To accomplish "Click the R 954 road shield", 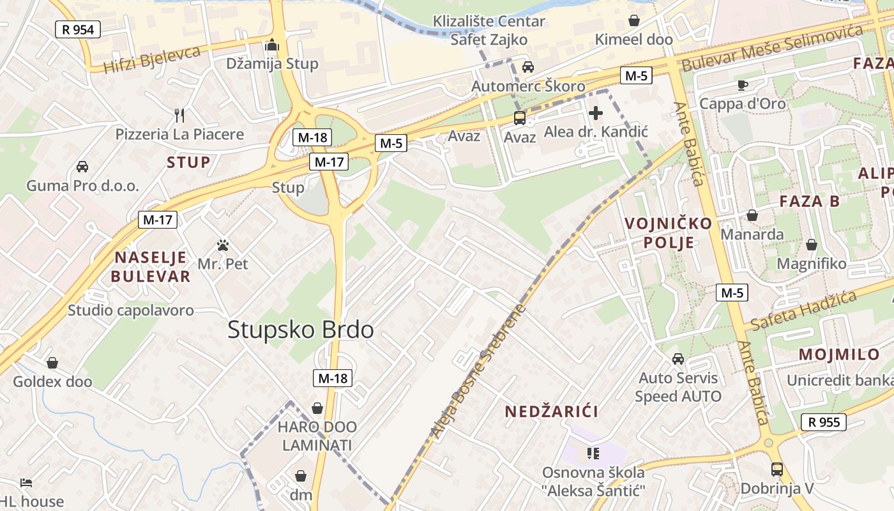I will point(77,29).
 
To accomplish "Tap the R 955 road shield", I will point(823,422).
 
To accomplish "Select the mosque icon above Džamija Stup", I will point(272,45).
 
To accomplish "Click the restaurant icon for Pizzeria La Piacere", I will point(179,116).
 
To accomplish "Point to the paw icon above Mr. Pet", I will point(222,245).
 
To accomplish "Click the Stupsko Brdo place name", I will point(300,330).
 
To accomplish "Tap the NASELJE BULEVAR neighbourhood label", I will point(151,267).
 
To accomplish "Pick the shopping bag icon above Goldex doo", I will point(52,363).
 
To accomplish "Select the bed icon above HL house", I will point(26,482).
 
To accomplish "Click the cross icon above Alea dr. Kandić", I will point(596,114).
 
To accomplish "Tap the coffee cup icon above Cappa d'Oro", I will point(742,84).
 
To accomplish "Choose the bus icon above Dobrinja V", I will point(777,469).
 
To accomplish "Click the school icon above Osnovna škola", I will point(593,454).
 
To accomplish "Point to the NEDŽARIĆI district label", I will point(552,412).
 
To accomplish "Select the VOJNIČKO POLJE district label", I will point(660,233).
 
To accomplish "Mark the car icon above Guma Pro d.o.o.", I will point(82,167).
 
